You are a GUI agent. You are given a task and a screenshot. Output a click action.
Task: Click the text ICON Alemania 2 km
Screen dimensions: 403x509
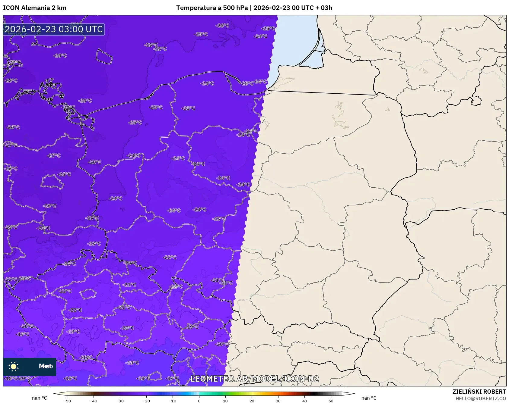tap(35, 8)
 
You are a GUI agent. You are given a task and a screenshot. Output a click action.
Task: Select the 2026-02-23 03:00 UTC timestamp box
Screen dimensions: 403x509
tap(54, 29)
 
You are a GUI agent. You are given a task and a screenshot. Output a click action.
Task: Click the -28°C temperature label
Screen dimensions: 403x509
tap(11, 81)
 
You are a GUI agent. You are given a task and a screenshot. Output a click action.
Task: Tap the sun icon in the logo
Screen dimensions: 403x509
tap(14, 366)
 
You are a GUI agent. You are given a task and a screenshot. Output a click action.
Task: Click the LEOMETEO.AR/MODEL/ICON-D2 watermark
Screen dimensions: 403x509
tap(254, 379)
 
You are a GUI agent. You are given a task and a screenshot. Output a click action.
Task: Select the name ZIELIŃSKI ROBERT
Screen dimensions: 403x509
tap(479, 392)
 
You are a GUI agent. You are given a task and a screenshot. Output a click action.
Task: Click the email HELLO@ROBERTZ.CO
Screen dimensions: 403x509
tap(480, 398)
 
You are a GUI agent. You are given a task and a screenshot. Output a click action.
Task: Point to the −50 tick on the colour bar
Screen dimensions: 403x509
tap(67, 401)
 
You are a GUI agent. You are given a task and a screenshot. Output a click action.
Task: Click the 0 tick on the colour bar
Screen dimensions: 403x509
tap(199, 401)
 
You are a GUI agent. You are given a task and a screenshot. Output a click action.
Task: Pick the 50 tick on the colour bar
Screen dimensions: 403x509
tap(331, 401)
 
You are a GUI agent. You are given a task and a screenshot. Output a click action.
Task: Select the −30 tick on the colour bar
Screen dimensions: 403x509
tap(120, 401)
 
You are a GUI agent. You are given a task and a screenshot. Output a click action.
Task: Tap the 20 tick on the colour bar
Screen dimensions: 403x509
tap(252, 401)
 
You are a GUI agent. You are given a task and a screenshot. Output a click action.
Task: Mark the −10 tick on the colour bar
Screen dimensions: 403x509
tap(173, 401)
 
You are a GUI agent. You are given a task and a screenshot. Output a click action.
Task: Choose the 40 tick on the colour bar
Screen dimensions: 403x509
tap(305, 401)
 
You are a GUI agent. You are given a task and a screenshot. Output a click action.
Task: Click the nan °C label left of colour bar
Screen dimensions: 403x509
tap(40, 398)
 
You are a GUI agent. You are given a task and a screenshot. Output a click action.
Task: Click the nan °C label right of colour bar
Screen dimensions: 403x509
tap(369, 398)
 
